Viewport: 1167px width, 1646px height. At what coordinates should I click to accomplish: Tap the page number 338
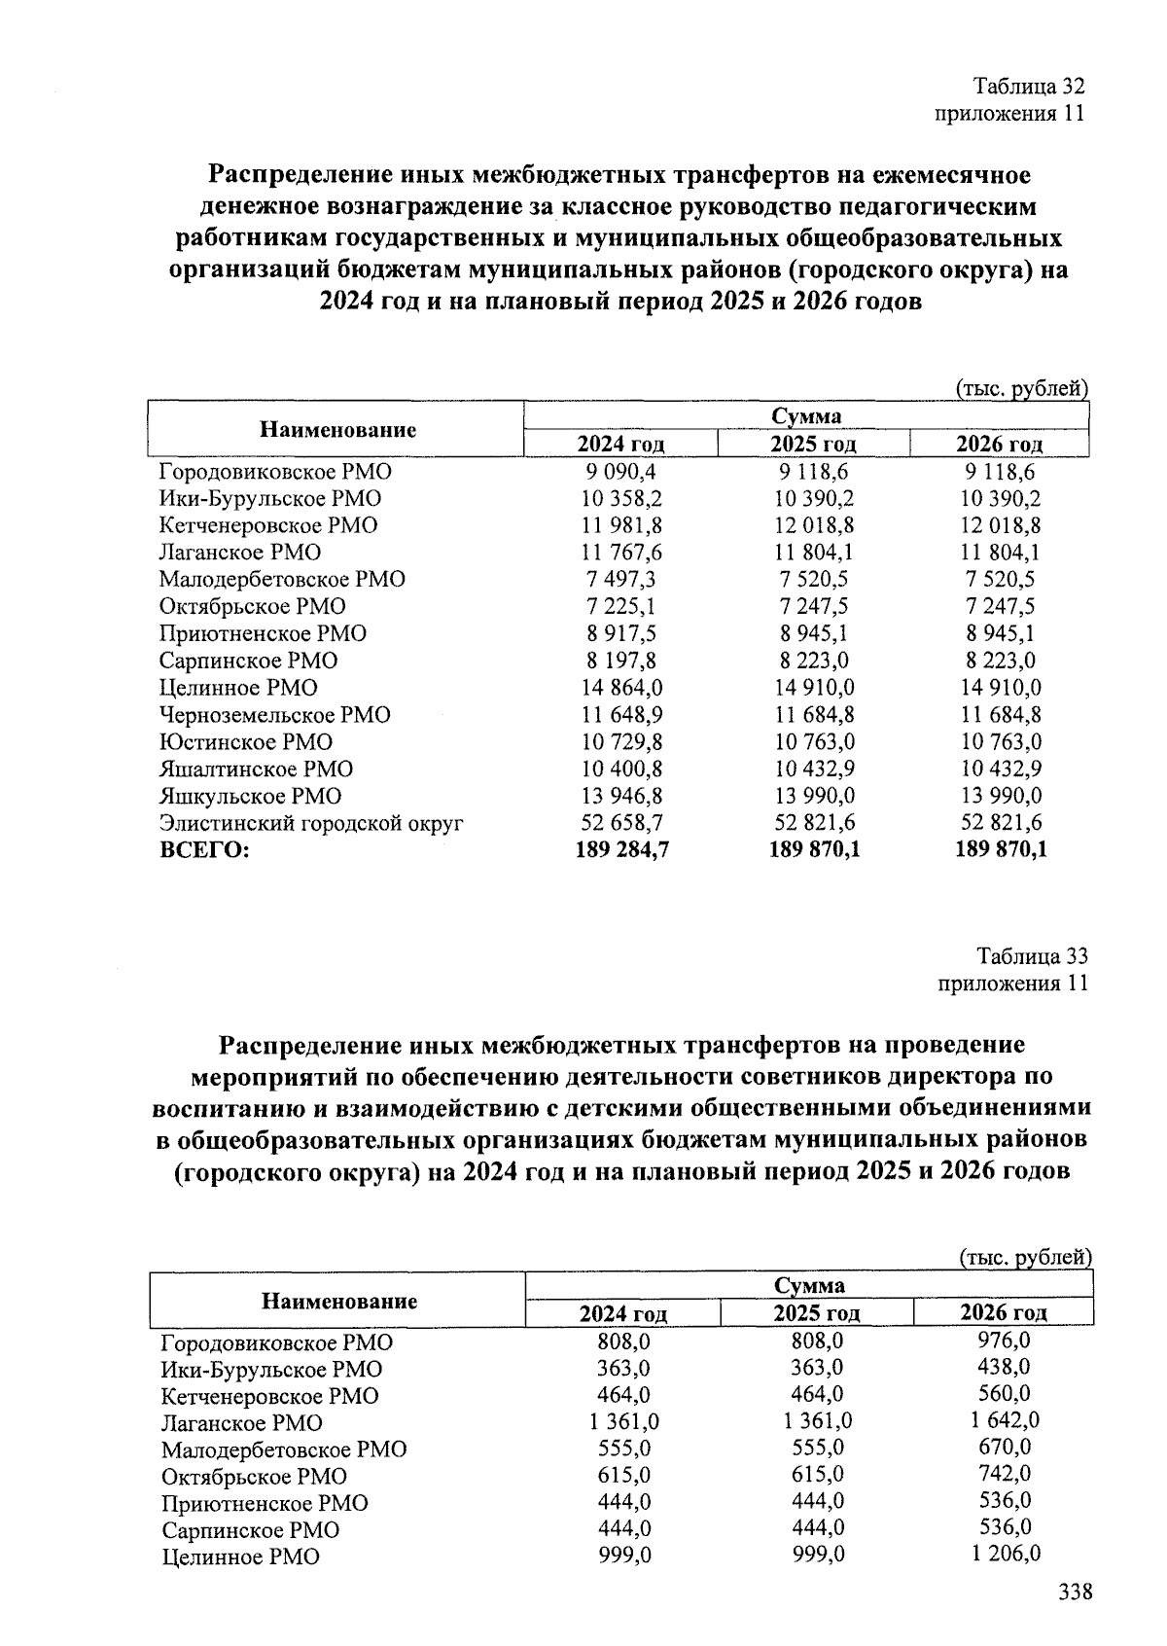1075,1592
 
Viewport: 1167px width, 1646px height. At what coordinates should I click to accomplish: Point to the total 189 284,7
621,850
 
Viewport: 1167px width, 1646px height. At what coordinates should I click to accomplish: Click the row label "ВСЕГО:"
204,850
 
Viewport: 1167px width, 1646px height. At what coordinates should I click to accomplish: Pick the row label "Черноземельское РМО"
275,715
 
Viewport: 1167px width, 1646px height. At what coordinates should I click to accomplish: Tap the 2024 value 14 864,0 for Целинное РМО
621,688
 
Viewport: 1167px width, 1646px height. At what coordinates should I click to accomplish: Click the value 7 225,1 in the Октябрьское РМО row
621,606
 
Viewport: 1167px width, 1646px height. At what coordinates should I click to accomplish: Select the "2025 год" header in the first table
813,445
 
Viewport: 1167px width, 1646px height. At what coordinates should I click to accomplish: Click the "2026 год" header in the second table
1004,1312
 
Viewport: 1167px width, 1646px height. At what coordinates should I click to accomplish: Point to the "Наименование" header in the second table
339,1301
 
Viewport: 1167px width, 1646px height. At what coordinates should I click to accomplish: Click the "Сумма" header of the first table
806,416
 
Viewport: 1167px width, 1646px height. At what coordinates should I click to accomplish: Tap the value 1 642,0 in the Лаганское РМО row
1005,1419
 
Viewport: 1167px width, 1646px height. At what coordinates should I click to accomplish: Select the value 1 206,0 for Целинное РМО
1005,1554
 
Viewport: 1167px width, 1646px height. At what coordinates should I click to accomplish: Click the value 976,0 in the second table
1005,1340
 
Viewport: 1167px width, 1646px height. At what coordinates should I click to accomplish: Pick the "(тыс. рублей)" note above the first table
1020,389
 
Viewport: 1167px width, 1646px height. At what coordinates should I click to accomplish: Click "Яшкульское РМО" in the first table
251,796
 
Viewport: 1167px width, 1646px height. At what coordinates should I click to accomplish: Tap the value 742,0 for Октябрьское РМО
1005,1473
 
